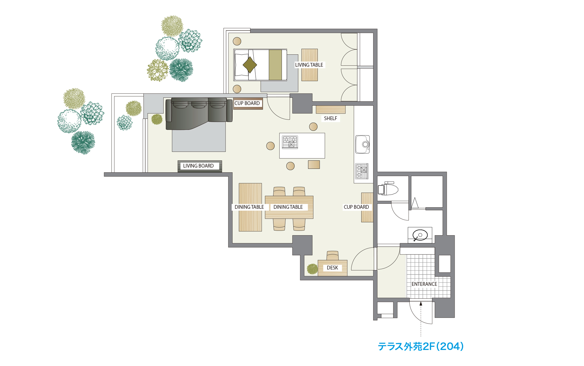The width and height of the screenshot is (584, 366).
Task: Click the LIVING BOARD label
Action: (x=198, y=166)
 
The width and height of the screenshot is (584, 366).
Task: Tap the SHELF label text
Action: (x=330, y=118)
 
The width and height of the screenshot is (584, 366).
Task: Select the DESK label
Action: (x=332, y=268)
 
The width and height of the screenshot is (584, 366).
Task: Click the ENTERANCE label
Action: (x=424, y=284)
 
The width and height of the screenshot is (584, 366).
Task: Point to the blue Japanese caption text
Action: (x=421, y=346)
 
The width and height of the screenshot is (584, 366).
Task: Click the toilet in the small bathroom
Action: (x=388, y=189)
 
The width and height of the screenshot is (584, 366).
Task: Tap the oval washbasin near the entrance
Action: (x=420, y=235)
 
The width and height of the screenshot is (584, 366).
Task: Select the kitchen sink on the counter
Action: (x=362, y=144)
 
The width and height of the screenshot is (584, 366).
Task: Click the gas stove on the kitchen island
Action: (x=290, y=142)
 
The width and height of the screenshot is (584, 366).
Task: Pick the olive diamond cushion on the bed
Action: (x=250, y=65)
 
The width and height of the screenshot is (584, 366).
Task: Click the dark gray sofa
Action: (x=199, y=113)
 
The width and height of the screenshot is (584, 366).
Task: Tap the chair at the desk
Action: (x=333, y=255)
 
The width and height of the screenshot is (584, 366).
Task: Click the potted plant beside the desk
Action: (x=312, y=269)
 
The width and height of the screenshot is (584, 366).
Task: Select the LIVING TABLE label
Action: (x=309, y=65)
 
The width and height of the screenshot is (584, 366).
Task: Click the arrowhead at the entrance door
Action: (x=421, y=304)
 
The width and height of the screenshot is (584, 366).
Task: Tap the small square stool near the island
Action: (x=314, y=164)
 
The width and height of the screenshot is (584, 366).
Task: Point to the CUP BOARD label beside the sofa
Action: (x=247, y=103)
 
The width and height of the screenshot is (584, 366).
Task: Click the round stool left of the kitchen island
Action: (x=271, y=146)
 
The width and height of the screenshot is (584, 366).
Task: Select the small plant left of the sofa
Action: (x=157, y=119)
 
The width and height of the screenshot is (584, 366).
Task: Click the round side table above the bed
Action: (x=237, y=41)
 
